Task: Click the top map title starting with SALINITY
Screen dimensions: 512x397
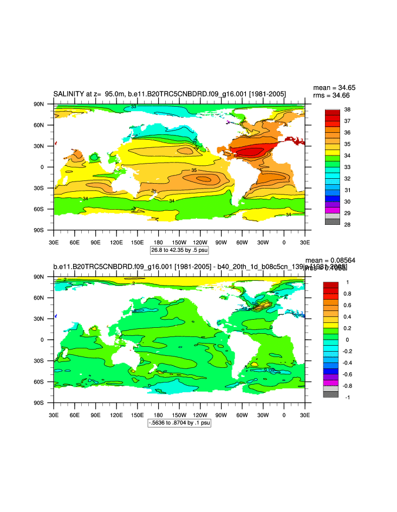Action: pos(170,94)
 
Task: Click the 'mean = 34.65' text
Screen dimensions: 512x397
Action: pos(334,88)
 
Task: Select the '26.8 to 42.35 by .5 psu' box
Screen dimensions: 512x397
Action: pos(179,250)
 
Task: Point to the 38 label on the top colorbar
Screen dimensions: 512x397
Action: pos(348,109)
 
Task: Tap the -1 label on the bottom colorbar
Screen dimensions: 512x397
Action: pos(347,397)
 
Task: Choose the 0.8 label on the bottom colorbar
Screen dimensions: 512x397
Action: pos(349,294)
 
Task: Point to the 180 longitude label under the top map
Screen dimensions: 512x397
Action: pos(158,242)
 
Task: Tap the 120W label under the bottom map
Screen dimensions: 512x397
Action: pos(200,414)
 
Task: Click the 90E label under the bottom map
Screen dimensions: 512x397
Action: pos(95,414)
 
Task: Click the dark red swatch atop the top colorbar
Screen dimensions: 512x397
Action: pos(332,112)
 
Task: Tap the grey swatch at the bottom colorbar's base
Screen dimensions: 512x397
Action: pos(331,394)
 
